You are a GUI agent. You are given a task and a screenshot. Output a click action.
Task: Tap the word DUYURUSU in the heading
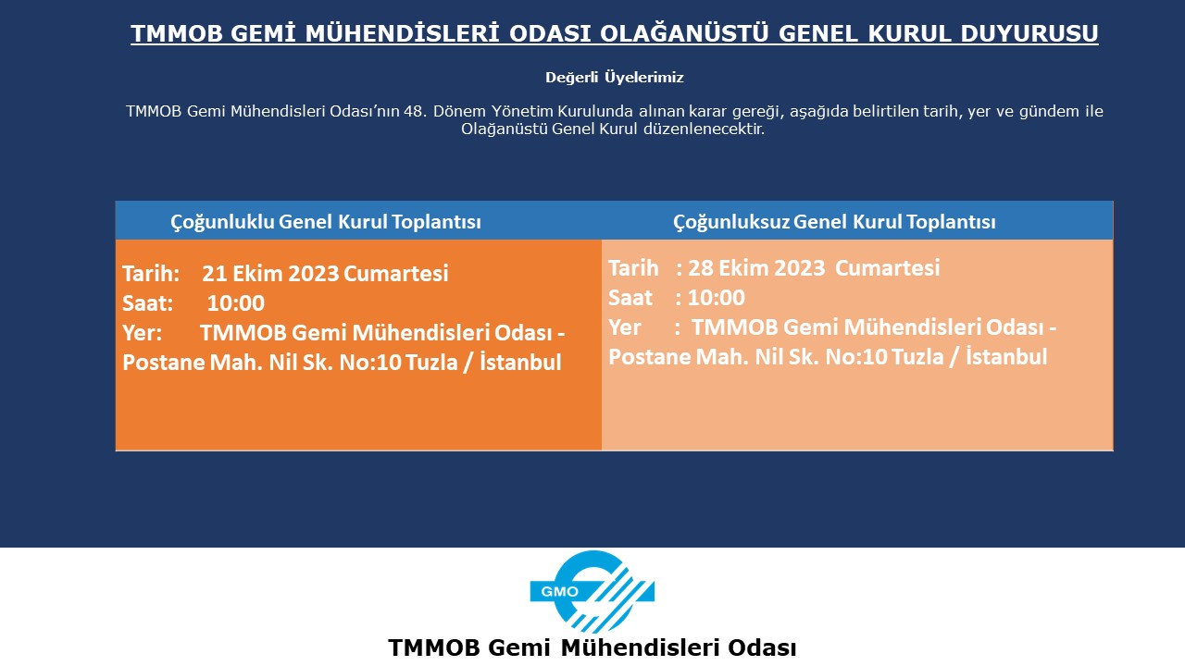pyautogui.click(x=1029, y=33)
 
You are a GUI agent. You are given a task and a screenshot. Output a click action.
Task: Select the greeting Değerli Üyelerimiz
pyautogui.click(x=615, y=78)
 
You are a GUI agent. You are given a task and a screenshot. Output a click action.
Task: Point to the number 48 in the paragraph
pyautogui.click(x=413, y=112)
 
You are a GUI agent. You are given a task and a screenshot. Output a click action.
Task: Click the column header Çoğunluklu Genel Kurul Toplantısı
pyautogui.click(x=326, y=221)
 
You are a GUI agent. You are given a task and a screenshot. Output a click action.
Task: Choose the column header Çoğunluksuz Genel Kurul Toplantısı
pyautogui.click(x=834, y=221)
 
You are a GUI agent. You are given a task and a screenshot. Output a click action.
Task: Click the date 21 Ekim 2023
pyautogui.click(x=270, y=273)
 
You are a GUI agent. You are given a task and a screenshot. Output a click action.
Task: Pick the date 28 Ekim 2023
pyautogui.click(x=756, y=267)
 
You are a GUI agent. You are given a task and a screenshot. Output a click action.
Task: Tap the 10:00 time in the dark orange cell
pyautogui.click(x=235, y=302)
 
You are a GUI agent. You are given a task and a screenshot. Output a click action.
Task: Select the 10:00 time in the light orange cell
pyautogui.click(x=717, y=298)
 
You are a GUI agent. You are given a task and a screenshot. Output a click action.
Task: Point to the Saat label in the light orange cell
pyautogui.click(x=630, y=298)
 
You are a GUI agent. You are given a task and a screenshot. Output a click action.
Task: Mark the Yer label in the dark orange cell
pyautogui.click(x=143, y=332)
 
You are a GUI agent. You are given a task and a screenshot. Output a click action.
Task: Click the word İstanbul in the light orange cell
pyautogui.click(x=1006, y=356)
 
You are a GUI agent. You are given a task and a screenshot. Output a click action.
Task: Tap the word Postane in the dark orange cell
pyautogui.click(x=164, y=363)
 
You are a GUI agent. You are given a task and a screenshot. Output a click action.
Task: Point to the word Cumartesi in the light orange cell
pyautogui.click(x=887, y=267)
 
